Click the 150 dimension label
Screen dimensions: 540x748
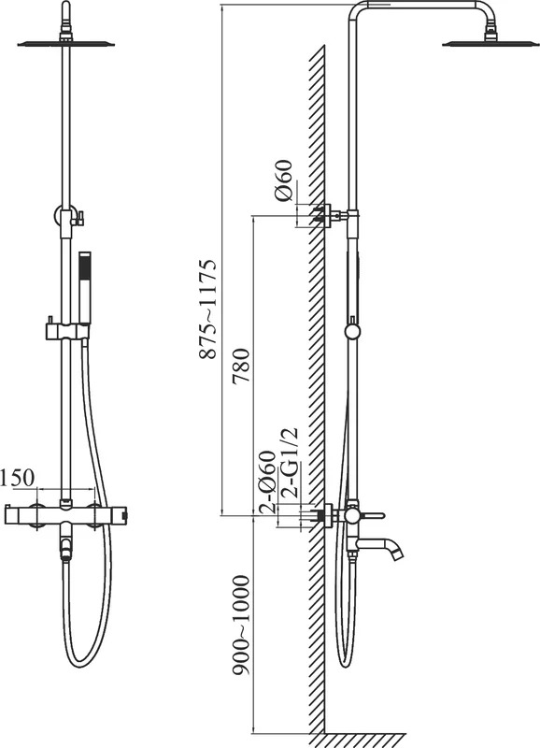pos(17,478)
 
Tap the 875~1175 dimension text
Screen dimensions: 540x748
pos(207,309)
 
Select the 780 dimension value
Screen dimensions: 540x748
pos(241,366)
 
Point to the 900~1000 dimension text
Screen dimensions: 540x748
pos(241,626)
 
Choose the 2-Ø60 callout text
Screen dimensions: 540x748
pos(267,482)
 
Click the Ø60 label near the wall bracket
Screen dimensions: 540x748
pos(283,180)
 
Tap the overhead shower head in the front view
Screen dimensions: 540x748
pos(65,44)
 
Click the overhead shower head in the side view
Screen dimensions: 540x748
pos(490,43)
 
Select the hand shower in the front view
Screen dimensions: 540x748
pos(84,288)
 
